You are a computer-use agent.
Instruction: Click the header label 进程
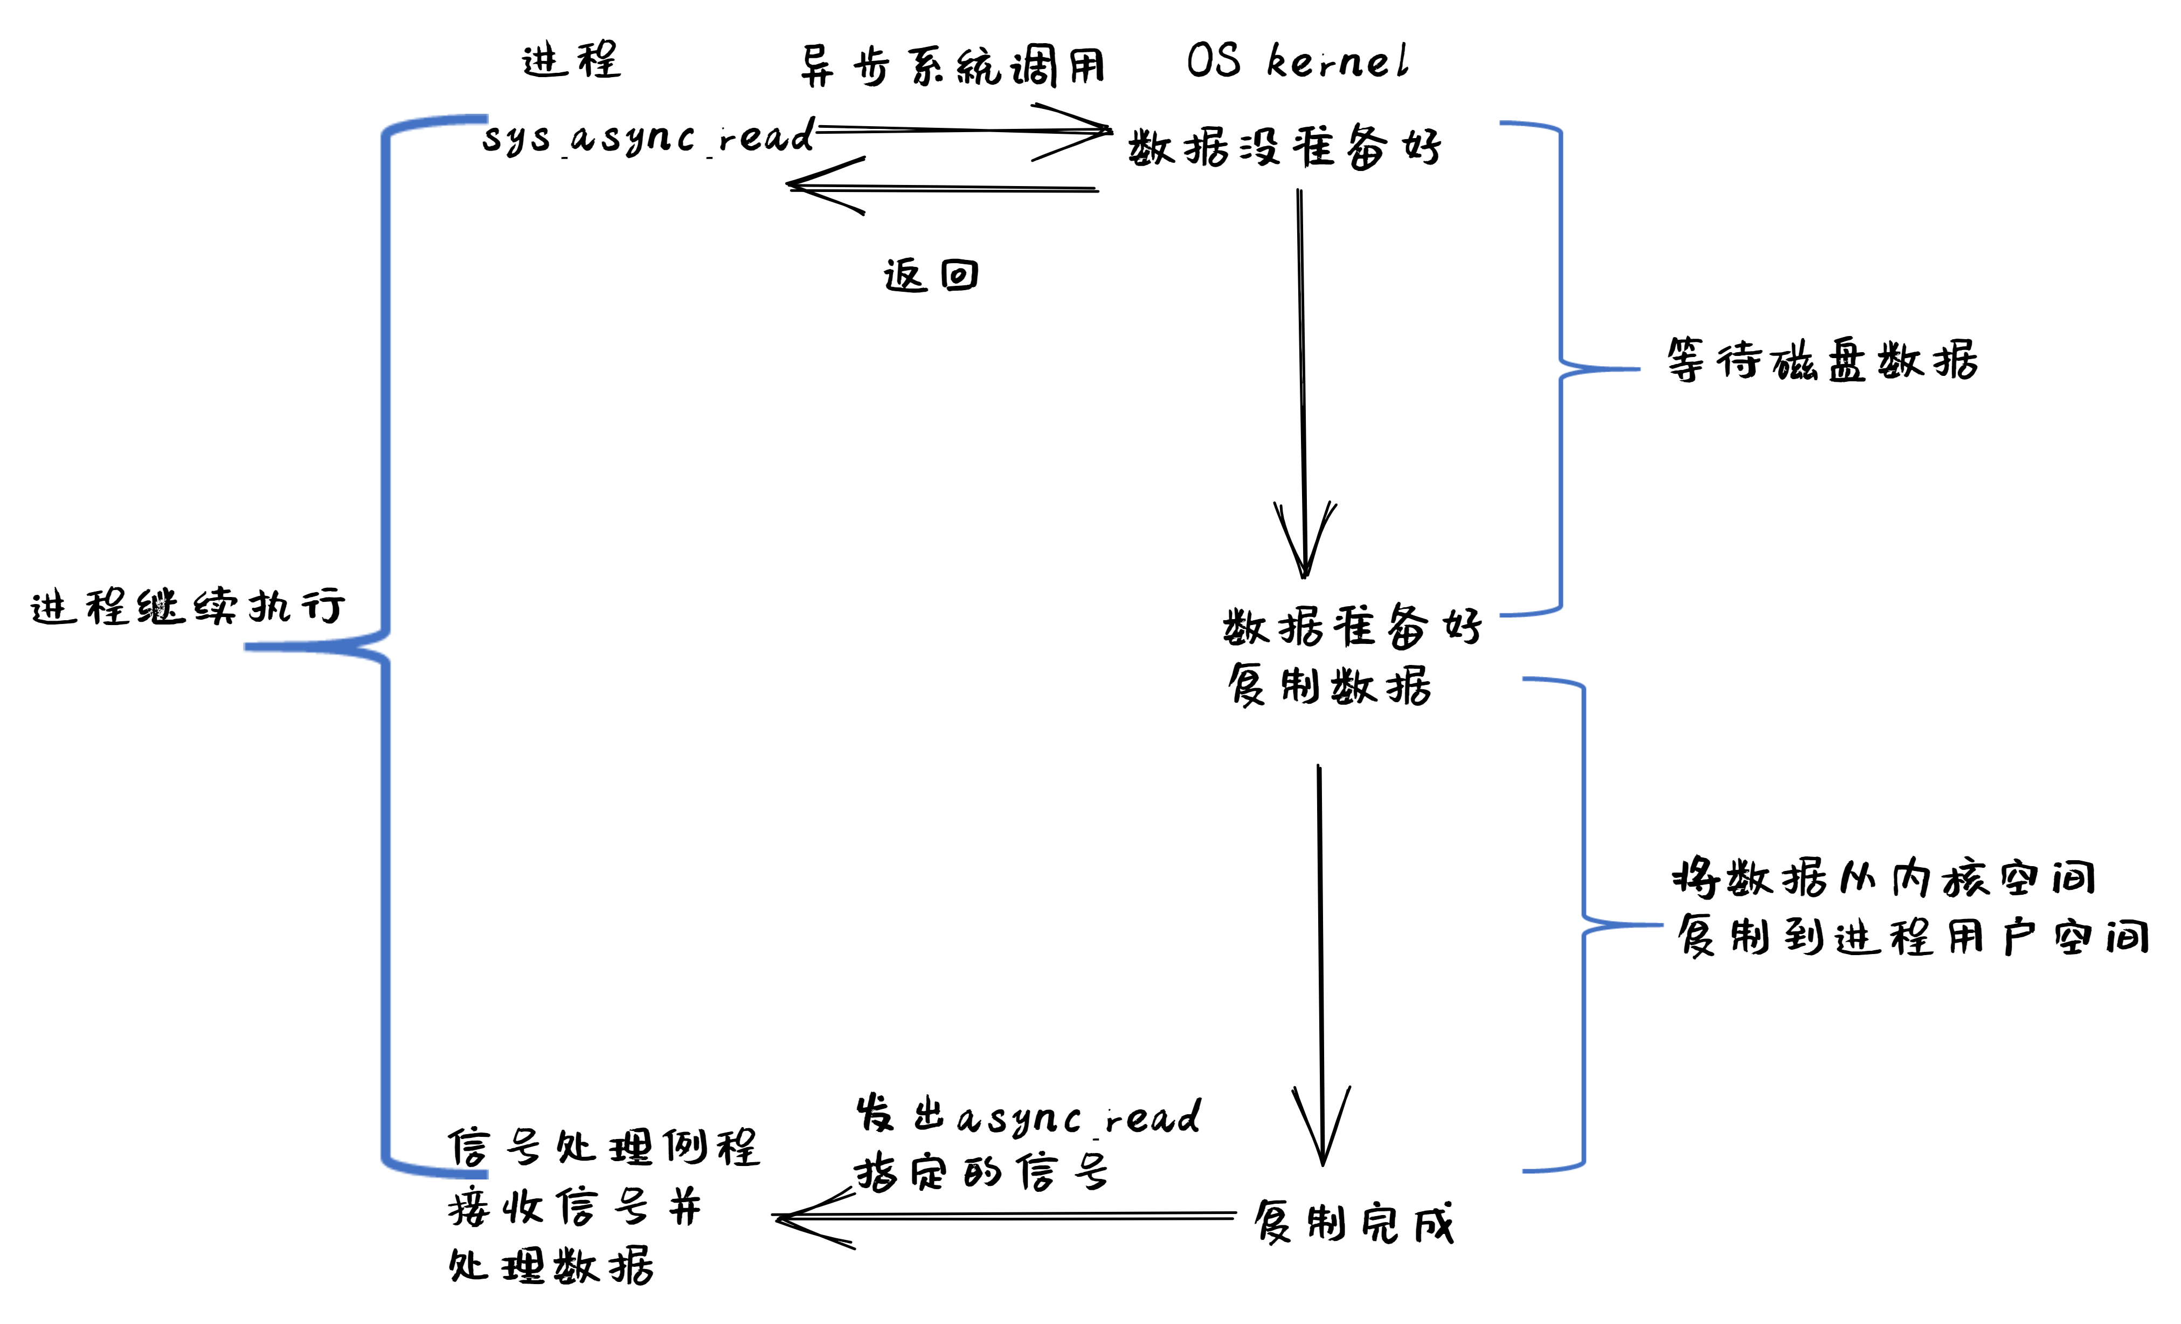(571, 60)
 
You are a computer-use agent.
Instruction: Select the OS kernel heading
(1296, 60)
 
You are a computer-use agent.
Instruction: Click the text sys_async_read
(647, 138)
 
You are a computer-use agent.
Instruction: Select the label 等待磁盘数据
(1822, 360)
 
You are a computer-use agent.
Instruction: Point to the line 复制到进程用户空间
(1912, 936)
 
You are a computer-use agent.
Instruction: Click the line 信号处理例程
(604, 1148)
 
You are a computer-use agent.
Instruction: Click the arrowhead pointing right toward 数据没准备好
(1098, 131)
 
